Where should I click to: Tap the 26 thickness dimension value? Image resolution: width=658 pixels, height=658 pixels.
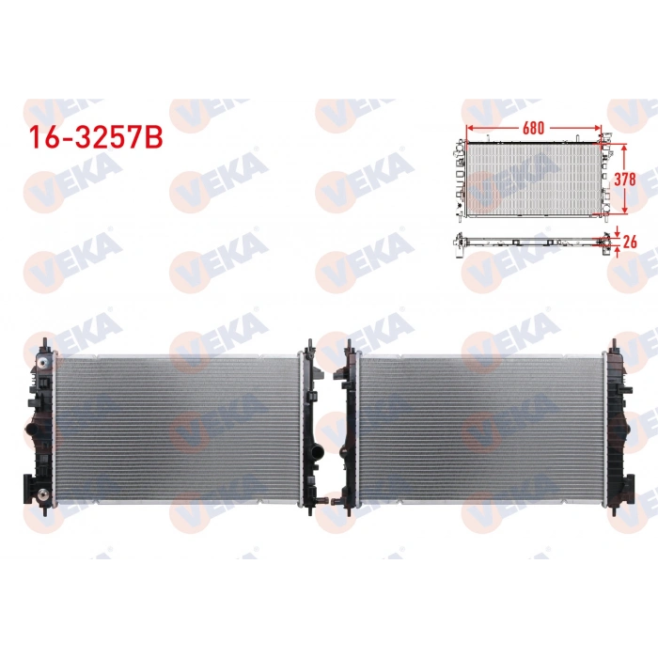click(631, 242)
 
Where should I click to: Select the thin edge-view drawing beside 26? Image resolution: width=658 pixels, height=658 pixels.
click(531, 241)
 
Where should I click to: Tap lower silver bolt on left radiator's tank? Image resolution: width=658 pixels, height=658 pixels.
click(41, 494)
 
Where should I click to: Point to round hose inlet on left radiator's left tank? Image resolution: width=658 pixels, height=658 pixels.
click(30, 431)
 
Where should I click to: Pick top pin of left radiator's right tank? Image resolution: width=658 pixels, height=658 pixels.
click(309, 344)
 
